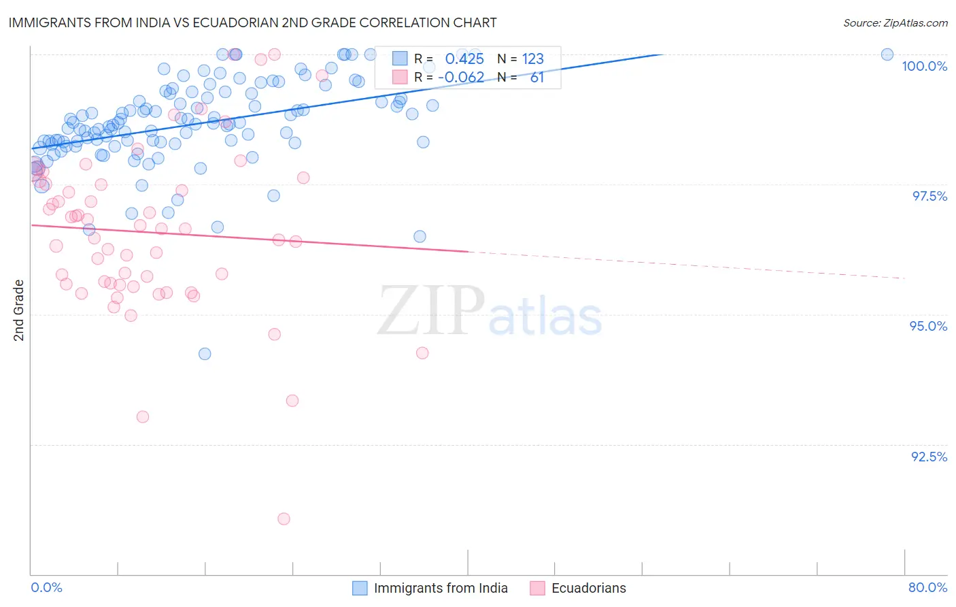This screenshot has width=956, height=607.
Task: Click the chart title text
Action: (252, 22)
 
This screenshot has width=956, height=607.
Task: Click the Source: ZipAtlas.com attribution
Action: (895, 23)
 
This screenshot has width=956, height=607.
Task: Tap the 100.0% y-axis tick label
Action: (924, 66)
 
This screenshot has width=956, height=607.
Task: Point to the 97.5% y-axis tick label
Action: (929, 196)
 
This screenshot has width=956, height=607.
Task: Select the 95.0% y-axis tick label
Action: (928, 326)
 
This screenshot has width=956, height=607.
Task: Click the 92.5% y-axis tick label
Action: (929, 457)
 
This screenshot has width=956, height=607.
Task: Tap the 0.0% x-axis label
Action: (47, 587)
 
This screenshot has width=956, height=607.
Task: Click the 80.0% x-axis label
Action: (927, 587)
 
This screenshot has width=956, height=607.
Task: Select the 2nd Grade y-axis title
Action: (19, 310)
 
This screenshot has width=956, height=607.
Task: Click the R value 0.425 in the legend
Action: (464, 59)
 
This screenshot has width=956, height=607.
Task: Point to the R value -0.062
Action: (461, 78)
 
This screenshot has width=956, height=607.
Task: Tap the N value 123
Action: (533, 59)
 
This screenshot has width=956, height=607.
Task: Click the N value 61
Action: (537, 78)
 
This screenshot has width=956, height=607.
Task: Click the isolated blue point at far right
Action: (887, 54)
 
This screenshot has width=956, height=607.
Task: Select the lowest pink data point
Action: (284, 519)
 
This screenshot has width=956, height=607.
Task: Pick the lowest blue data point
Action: (205, 354)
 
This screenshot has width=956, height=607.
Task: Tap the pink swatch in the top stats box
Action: (400, 77)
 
